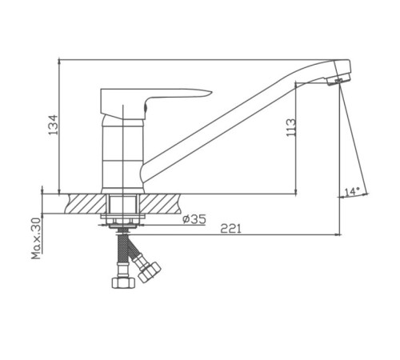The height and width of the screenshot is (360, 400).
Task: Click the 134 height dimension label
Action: click(x=53, y=125)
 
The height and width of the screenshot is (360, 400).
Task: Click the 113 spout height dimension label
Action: click(x=291, y=128)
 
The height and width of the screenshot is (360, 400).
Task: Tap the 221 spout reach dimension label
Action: click(x=230, y=229)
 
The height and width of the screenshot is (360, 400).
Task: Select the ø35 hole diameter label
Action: click(x=194, y=219)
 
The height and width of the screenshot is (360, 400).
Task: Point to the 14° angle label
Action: click(x=352, y=192)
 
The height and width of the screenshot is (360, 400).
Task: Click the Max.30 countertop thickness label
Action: click(x=36, y=238)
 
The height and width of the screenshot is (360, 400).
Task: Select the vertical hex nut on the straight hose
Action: click(x=123, y=282)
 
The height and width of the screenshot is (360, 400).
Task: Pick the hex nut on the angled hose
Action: click(x=150, y=272)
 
